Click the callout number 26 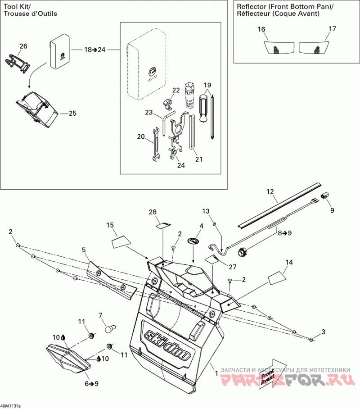[23, 46]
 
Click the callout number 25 [72, 114]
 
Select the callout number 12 [270, 191]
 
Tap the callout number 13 [206, 211]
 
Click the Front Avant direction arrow [271, 372]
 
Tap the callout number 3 [323, 332]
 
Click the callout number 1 [216, 373]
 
